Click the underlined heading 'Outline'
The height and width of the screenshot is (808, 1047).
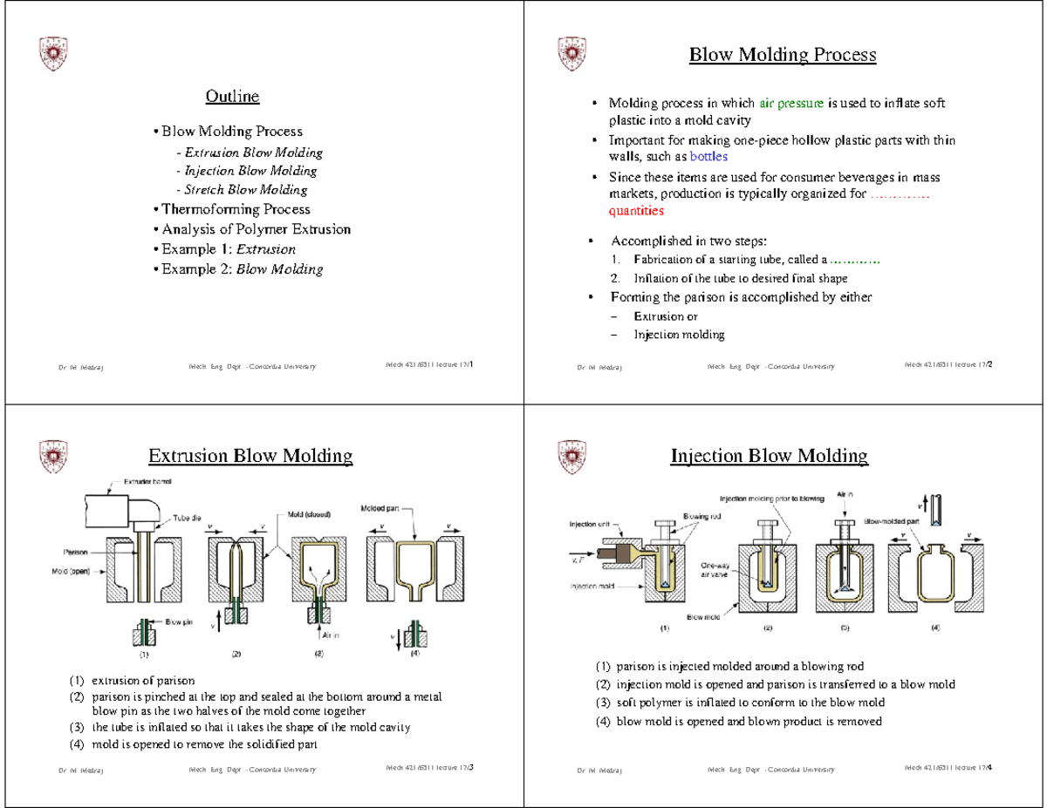pyautogui.click(x=232, y=96)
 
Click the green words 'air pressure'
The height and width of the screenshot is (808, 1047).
pyautogui.click(x=791, y=104)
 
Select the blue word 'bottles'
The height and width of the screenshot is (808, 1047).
pyautogui.click(x=708, y=157)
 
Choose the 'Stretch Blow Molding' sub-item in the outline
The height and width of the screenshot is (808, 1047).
pyautogui.click(x=241, y=189)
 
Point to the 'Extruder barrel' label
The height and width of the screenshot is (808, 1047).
pyautogui.click(x=147, y=481)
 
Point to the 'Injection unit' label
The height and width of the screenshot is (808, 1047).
pyautogui.click(x=591, y=525)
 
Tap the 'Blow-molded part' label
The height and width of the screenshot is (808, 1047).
pyautogui.click(x=893, y=521)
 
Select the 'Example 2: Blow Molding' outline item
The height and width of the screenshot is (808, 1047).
pyautogui.click(x=236, y=269)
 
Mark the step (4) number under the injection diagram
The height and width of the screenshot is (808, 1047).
pyautogui.click(x=935, y=628)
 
